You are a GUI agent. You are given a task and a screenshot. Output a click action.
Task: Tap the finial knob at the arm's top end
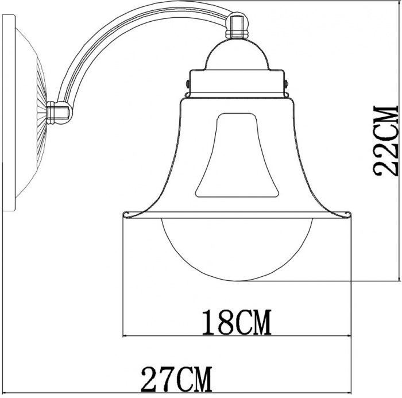(237, 26)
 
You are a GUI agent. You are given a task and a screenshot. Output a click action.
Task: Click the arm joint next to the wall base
(59, 112)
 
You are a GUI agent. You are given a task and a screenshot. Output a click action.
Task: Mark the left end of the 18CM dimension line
(125, 335)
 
